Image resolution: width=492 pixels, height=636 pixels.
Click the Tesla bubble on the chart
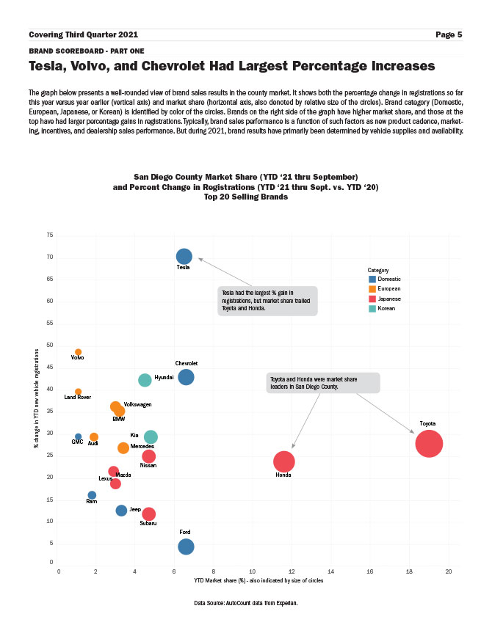tap(184, 256)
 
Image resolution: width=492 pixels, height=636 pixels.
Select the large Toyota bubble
tap(429, 443)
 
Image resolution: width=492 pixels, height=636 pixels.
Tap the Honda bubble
tap(284, 461)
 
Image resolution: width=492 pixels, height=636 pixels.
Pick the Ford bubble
tap(187, 547)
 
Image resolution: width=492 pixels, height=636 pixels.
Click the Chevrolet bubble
tap(186, 377)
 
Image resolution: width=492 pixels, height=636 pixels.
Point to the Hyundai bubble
tap(145, 380)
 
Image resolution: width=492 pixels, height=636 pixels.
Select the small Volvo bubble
tap(79, 352)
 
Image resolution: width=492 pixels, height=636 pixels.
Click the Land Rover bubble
tap(79, 392)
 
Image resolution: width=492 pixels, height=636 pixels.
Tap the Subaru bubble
tap(148, 514)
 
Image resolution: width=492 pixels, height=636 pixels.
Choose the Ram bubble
tap(92, 495)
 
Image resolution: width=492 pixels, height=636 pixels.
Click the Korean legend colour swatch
tap(372, 309)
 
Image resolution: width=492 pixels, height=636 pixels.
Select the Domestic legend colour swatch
tap(372, 279)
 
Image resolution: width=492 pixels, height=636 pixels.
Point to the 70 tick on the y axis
tap(49, 257)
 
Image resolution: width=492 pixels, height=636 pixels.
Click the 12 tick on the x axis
tap(292, 570)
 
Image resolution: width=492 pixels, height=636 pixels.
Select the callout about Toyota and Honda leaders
tap(323, 382)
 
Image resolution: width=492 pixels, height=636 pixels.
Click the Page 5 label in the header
tap(448, 34)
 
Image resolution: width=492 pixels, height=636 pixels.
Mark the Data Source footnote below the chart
tap(246, 602)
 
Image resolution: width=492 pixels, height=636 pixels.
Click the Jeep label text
tap(135, 509)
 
